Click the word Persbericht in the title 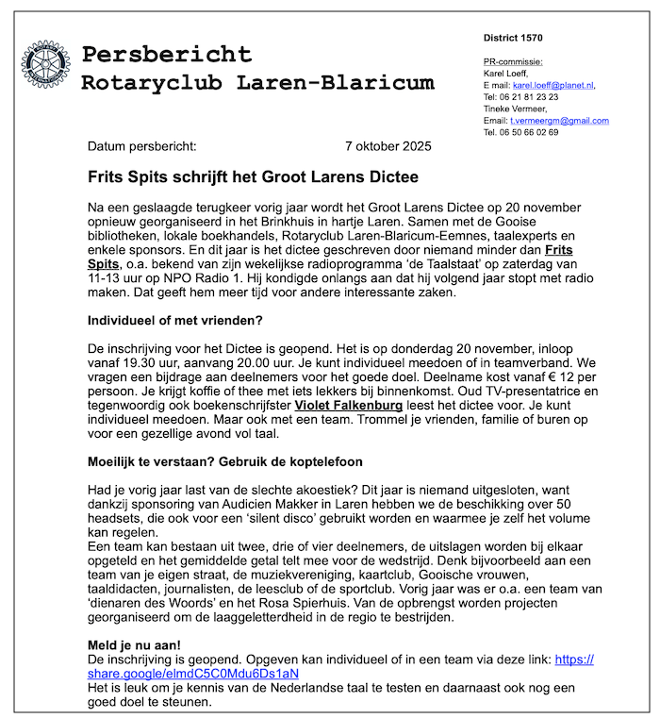pos(166,54)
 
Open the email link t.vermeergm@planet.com pos(559,121)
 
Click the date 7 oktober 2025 pos(388,146)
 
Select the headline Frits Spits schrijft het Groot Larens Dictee pos(253,176)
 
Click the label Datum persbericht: pos(142,146)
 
